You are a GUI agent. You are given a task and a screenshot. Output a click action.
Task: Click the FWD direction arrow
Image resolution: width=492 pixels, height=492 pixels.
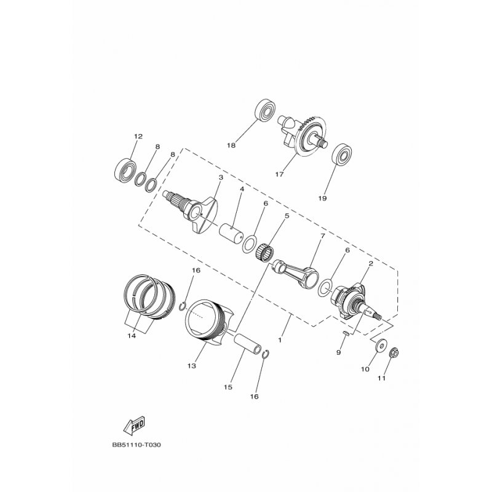pos(134,425)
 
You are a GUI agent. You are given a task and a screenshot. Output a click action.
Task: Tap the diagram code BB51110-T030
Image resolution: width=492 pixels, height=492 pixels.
pos(136,445)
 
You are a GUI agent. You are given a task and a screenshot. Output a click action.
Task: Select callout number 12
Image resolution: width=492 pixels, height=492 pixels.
pos(138,137)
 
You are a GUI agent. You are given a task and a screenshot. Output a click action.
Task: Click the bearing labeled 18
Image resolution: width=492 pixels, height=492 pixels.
pos(267,110)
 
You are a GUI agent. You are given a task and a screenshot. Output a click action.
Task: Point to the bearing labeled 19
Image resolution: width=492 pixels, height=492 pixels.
pos(342,154)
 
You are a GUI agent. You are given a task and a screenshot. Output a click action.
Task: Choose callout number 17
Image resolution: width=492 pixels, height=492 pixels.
pos(279,174)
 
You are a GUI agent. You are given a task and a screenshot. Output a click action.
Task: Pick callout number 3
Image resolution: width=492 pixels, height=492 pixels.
pos(221,178)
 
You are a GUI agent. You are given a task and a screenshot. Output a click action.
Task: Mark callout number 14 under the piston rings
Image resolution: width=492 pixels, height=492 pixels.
pos(132,336)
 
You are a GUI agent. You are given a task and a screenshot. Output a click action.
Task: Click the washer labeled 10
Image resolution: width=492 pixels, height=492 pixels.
pos(381,346)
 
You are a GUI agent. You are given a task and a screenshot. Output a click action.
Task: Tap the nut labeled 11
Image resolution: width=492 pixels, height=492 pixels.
pos(394,353)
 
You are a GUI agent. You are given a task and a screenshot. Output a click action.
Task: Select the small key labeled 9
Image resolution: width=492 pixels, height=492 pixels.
pos(346,333)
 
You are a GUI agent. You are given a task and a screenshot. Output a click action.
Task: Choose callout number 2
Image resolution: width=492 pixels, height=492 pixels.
pos(371,264)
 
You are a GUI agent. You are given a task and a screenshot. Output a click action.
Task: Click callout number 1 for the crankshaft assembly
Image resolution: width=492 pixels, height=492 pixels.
pos(280,339)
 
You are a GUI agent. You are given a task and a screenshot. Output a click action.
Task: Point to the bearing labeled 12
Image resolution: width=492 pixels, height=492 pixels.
pos(125,171)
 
